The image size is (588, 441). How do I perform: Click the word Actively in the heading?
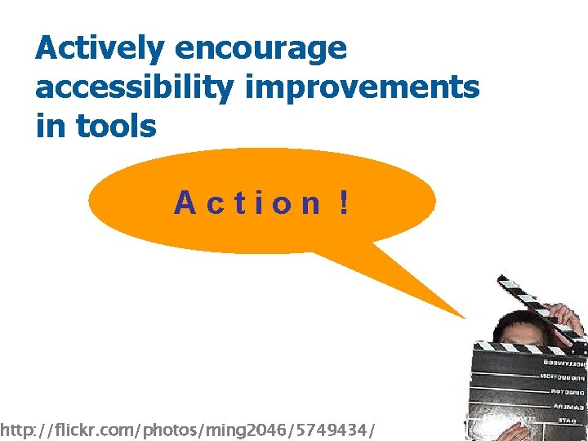click(99, 49)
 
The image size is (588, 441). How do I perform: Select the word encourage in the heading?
click(261, 49)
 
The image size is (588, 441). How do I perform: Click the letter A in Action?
click(185, 203)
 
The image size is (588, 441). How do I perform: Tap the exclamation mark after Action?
click(345, 202)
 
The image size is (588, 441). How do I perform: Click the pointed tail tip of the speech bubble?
click(463, 317)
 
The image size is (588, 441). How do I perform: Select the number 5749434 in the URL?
click(335, 429)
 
